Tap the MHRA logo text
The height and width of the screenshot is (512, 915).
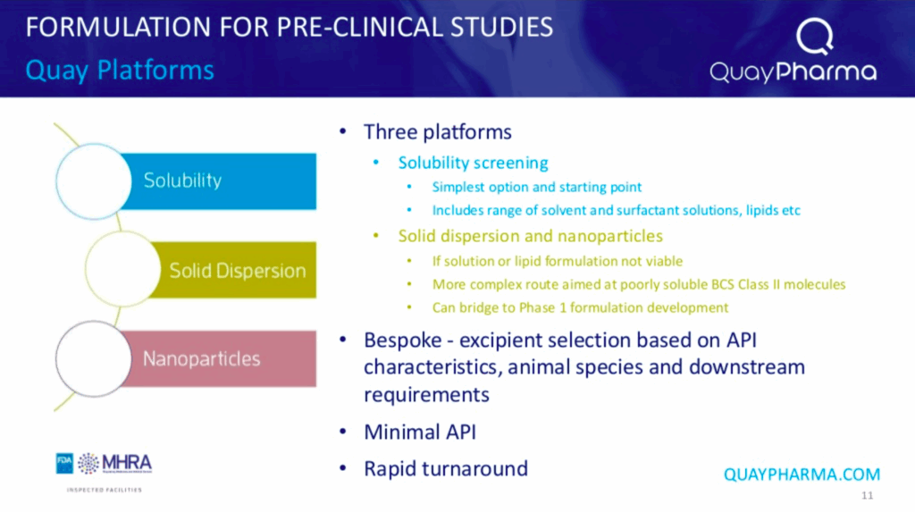[x=127, y=463]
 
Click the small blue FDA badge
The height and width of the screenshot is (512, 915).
[x=64, y=463]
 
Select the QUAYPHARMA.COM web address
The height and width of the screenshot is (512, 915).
[x=802, y=474]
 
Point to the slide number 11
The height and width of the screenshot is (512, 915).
[x=867, y=496]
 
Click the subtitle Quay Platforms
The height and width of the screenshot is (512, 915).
[x=120, y=70]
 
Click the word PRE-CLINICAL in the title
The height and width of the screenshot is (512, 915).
[x=356, y=28]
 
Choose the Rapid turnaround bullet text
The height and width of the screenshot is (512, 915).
[x=446, y=468]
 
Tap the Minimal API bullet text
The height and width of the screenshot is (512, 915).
[x=420, y=432]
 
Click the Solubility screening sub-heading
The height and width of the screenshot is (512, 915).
[x=474, y=163]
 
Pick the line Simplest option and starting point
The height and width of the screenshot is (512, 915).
[x=537, y=187]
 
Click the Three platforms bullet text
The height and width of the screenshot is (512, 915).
[x=438, y=132]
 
